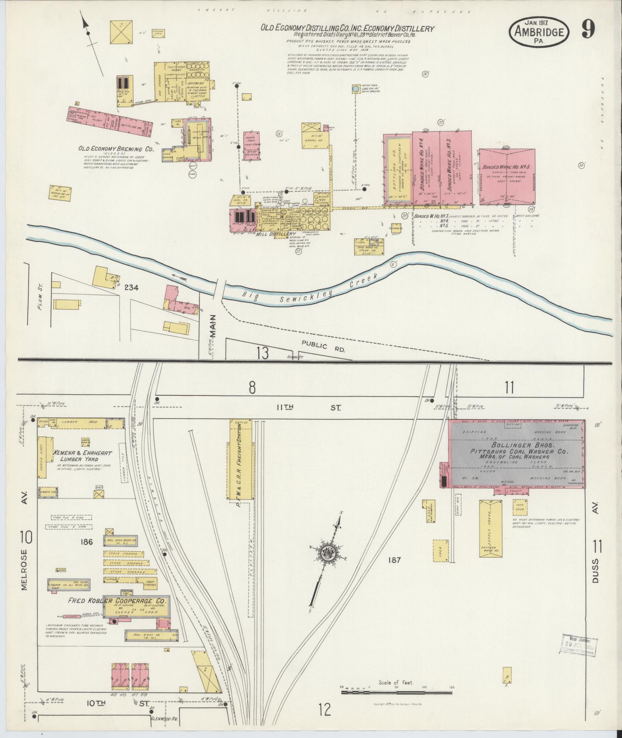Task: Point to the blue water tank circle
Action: click(x=355, y=89)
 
